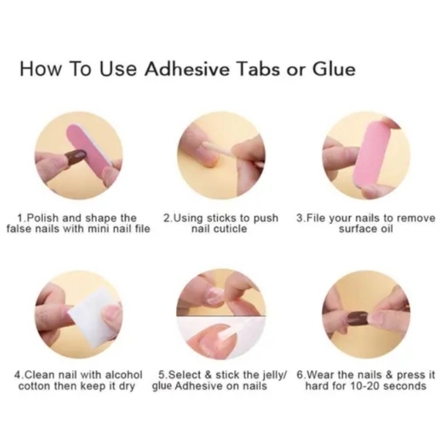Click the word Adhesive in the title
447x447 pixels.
[187, 69]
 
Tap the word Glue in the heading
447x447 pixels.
[334, 69]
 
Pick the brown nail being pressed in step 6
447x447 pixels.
[357, 318]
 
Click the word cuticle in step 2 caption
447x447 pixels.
[231, 229]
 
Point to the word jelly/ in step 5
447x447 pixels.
[274, 375]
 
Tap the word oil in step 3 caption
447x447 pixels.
[387, 229]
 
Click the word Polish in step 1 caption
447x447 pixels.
[42, 218]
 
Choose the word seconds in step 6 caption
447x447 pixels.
[405, 386]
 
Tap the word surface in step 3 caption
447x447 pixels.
[358, 229]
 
